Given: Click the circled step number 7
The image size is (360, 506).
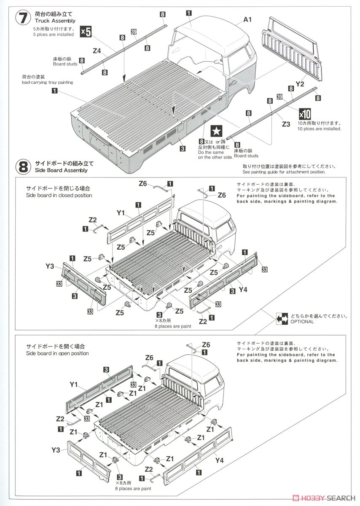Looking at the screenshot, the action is (x=23, y=19).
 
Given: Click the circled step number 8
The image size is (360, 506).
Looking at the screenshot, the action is (x=23, y=167).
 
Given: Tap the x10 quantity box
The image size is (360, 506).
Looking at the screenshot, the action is (x=305, y=114).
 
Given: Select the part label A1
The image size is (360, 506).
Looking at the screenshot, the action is (x=247, y=20).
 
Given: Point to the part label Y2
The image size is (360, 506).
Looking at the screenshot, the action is (x=300, y=84).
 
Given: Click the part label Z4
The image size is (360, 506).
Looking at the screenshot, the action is (x=97, y=51).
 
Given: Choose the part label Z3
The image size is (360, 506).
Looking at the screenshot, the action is (x=286, y=124).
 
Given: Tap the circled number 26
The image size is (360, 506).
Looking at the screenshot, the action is (x=223, y=142).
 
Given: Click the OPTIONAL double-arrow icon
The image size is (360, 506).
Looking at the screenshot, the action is (x=282, y=319).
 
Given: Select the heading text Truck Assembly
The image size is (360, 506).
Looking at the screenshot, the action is (x=55, y=21).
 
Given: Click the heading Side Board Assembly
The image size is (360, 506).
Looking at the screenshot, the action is (x=61, y=170).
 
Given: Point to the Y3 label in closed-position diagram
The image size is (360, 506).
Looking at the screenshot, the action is (x=50, y=266).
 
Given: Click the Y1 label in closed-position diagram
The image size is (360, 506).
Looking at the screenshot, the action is (x=121, y=213).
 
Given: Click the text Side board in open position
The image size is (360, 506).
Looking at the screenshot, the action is (x=57, y=353).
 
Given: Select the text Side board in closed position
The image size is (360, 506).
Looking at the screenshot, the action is (x=59, y=195).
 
